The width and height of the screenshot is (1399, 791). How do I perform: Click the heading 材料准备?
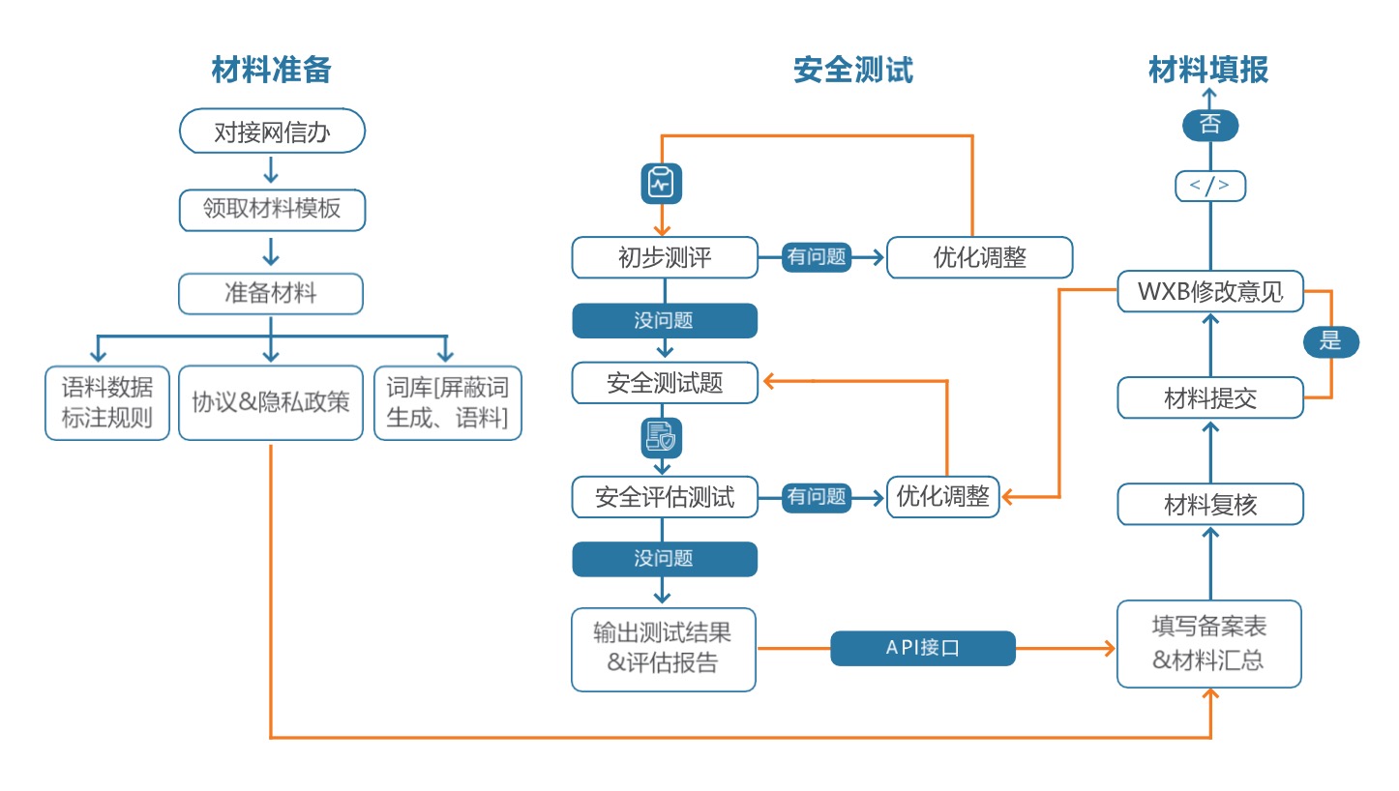tap(271, 70)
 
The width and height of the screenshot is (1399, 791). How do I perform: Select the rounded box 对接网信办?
tap(272, 131)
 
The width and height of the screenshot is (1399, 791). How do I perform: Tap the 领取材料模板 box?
tap(272, 210)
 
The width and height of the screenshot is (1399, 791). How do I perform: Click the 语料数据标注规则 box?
tap(107, 403)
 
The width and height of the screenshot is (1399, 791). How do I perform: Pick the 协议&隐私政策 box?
tap(271, 403)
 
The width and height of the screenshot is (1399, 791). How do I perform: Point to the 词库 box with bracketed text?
tap(447, 403)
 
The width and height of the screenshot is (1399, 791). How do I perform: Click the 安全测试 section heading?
tap(852, 70)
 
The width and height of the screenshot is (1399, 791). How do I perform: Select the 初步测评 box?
tap(664, 257)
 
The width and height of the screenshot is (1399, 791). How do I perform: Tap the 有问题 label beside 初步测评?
tap(817, 257)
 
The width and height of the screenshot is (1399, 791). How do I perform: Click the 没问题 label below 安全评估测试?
tap(664, 559)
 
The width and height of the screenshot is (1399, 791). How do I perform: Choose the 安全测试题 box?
tap(664, 384)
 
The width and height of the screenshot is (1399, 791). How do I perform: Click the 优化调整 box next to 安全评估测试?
tap(942, 497)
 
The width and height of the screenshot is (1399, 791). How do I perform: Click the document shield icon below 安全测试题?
tap(663, 438)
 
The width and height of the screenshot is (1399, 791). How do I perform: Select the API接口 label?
tap(923, 648)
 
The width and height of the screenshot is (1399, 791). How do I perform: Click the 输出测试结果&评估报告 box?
tap(663, 649)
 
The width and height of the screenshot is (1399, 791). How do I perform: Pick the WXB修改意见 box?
tap(1210, 292)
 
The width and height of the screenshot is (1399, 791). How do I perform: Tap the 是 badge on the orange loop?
tap(1331, 341)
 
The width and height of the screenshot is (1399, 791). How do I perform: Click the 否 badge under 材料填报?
tap(1210, 124)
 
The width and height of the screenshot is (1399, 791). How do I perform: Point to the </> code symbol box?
tap(1210, 186)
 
